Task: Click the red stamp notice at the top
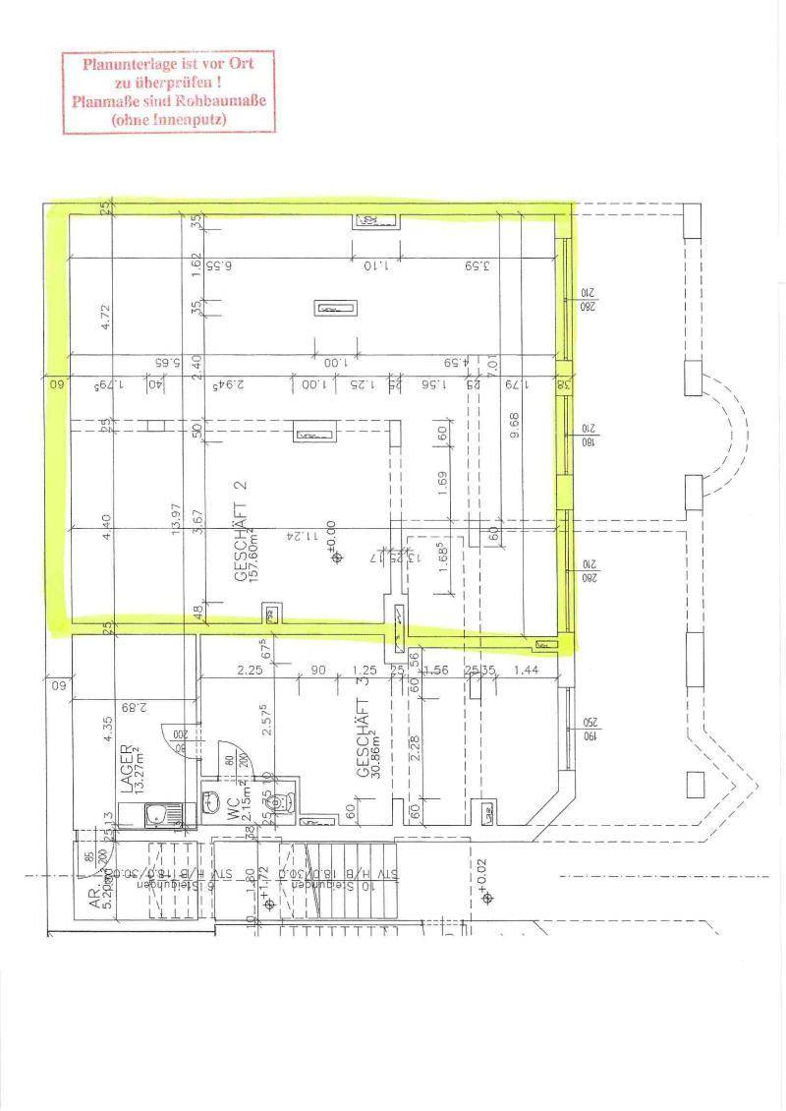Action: [x=168, y=92]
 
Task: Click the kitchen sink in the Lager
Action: [x=154, y=814]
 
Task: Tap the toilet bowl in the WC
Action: [x=281, y=801]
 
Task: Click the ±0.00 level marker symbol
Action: [x=338, y=557]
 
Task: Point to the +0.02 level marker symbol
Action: [x=484, y=897]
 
